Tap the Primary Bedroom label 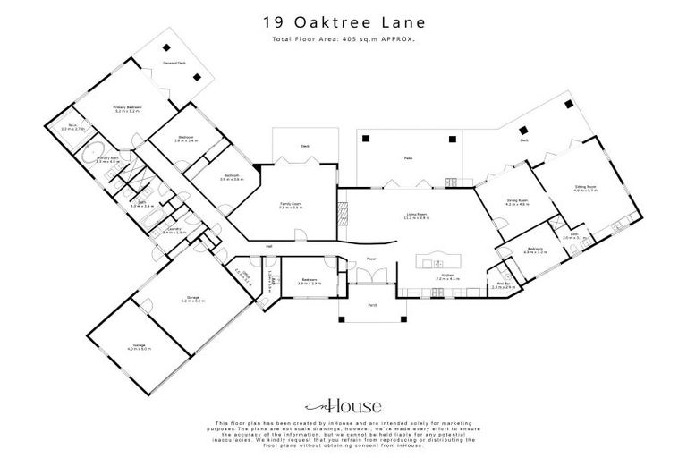[128, 108]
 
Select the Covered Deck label [174, 64]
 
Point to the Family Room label [290, 207]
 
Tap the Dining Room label [517, 203]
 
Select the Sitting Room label [585, 189]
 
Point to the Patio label [407, 159]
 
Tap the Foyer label [370, 259]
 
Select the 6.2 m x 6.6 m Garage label [192, 299]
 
